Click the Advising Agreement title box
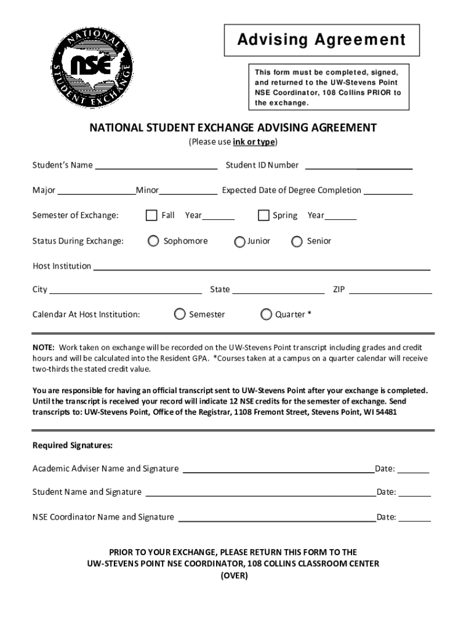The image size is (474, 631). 321,40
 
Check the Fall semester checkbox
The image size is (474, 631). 151,215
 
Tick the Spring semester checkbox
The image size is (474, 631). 263,215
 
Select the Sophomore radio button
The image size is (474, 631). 153,241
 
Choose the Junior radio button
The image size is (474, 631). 240,242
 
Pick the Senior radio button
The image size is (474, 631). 297,241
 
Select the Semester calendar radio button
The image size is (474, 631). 180,314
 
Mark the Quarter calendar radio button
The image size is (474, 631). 266,314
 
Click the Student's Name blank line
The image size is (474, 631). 156,167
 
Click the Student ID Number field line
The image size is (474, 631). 358,167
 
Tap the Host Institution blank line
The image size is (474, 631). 261,269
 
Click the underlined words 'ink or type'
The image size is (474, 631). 254,142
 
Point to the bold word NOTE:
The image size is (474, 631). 44,348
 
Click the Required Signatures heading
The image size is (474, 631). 73,445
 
